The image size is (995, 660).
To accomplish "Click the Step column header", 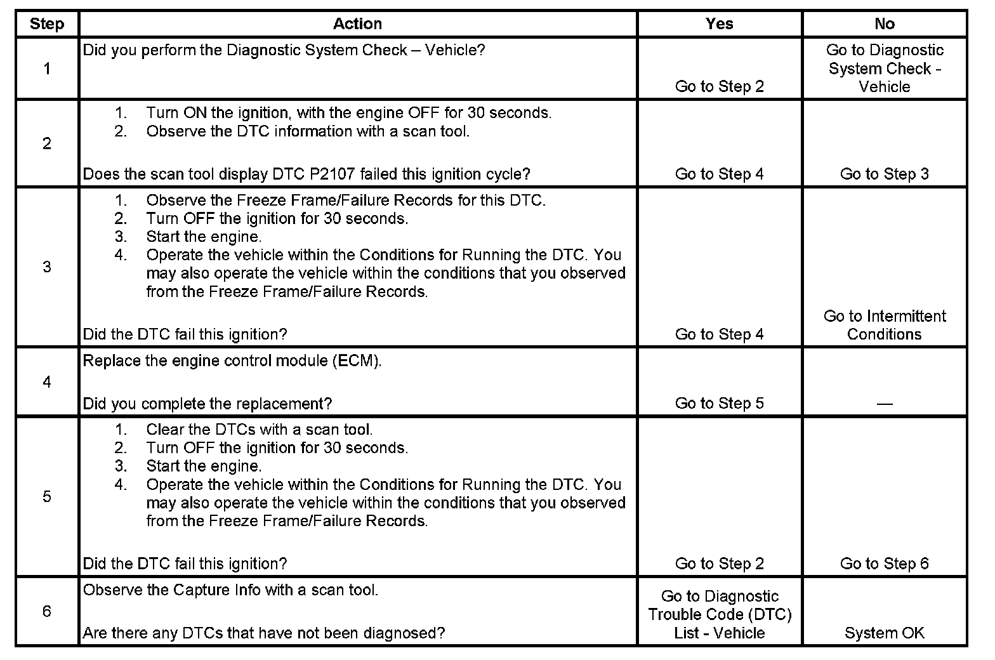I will click(47, 24).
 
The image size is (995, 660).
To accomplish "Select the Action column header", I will click(357, 24).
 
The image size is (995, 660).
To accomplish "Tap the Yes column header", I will click(719, 24).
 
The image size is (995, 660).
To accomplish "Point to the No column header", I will click(884, 24).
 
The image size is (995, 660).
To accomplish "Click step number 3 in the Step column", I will click(47, 267).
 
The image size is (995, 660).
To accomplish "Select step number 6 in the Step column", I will click(47, 611).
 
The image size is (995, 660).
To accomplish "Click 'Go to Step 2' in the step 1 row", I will click(719, 86).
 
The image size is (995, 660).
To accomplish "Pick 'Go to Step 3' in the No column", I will click(884, 174).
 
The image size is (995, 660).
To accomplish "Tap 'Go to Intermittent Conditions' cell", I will click(884, 325).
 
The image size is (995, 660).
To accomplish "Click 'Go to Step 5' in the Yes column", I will click(719, 403).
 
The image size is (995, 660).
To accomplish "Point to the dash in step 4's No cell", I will click(884, 404).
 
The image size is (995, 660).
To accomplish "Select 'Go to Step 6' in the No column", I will click(884, 564).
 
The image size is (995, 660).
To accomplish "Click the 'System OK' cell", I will click(884, 633).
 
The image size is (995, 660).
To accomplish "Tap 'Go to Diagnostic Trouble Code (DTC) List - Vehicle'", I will click(719, 614).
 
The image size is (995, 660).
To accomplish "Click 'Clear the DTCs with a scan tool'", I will click(260, 430).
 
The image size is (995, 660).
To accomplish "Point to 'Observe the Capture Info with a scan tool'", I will click(230, 590).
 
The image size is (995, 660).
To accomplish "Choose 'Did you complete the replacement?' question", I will click(208, 404).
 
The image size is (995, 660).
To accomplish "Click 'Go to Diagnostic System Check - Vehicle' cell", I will click(884, 68).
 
